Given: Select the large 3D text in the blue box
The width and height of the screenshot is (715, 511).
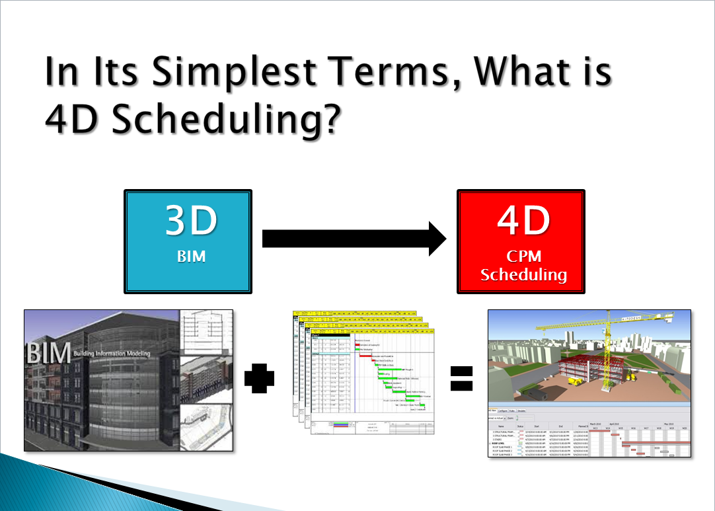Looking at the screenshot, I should [191, 222].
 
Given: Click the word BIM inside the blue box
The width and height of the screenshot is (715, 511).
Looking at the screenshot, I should [191, 255].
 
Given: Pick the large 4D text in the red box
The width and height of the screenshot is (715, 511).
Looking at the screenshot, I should [523, 222].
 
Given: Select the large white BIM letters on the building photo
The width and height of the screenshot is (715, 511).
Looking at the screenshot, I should [48, 353].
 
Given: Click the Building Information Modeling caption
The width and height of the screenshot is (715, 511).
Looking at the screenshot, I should [112, 354].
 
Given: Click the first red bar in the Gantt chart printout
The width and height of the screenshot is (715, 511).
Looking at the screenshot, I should [359, 344].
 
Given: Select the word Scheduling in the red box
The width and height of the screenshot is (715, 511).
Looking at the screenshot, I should [523, 275].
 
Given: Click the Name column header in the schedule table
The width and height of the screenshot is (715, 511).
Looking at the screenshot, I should [502, 427].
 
